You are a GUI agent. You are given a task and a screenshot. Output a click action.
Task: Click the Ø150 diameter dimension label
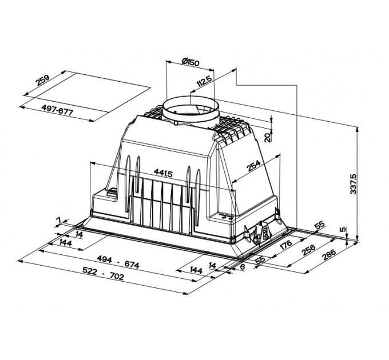click(190, 62)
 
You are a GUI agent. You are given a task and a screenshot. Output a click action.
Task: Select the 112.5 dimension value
click(204, 81)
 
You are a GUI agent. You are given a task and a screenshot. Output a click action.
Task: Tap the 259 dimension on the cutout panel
click(43, 79)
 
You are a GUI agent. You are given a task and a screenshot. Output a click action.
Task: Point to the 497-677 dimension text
click(57, 110)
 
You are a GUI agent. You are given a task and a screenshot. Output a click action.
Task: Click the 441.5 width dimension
click(163, 173)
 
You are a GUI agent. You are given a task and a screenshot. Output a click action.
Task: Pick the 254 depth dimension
click(254, 166)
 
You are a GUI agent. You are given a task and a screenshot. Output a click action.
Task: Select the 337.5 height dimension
click(353, 183)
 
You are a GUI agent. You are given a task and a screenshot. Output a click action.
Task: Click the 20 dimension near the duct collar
click(268, 137)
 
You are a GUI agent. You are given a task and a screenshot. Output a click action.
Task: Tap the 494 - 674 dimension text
click(118, 262)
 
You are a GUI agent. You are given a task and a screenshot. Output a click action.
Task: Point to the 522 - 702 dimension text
click(103, 273)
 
